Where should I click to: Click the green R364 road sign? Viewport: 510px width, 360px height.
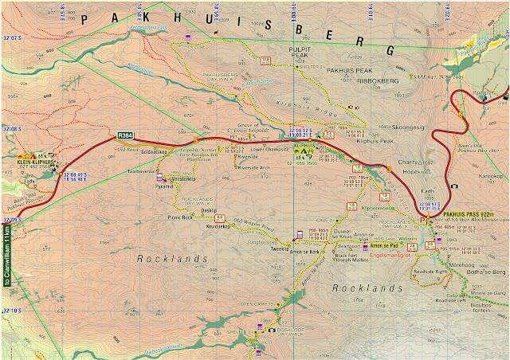(x=126, y=136)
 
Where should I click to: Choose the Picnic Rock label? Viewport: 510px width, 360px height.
(x=176, y=217)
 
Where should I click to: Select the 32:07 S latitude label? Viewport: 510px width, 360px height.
(x=11, y=38)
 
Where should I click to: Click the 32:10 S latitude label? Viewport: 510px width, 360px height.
(x=11, y=307)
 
